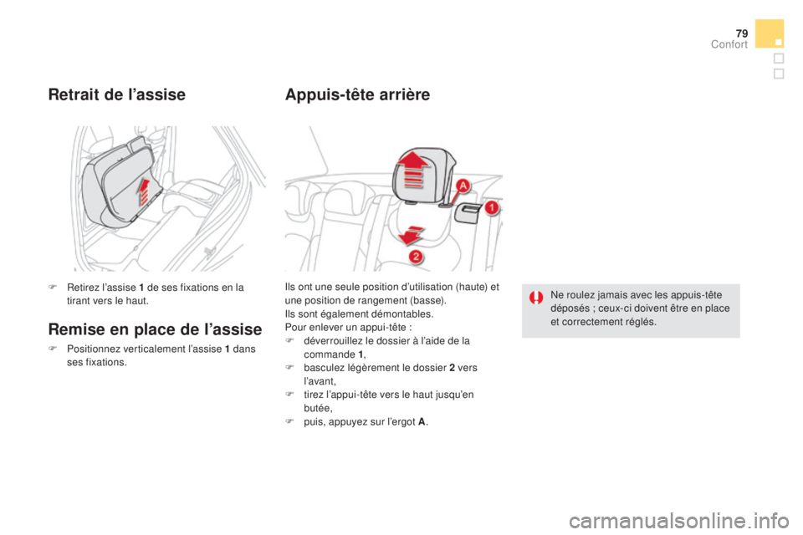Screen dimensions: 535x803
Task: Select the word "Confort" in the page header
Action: pos(729,45)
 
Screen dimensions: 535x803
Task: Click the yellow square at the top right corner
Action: pos(769,34)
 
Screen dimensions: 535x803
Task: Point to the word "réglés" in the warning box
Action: pos(641,321)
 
